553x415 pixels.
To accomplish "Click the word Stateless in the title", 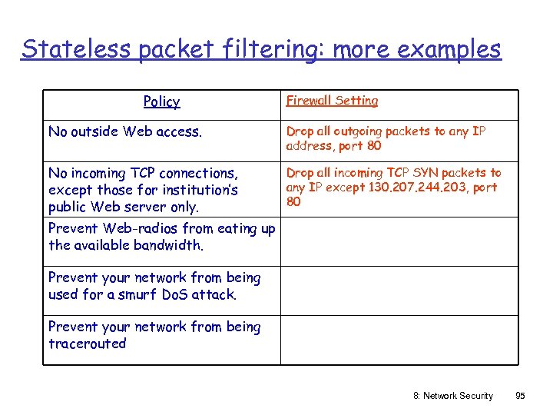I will point(67,49).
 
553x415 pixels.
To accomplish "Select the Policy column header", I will point(161,101).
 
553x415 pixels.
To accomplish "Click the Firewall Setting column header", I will point(332,101).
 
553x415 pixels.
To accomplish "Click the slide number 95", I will point(520,396).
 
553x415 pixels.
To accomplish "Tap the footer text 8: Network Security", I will point(453,396).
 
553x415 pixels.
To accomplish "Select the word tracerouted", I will point(87,344).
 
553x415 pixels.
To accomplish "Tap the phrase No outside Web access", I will point(125,131).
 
